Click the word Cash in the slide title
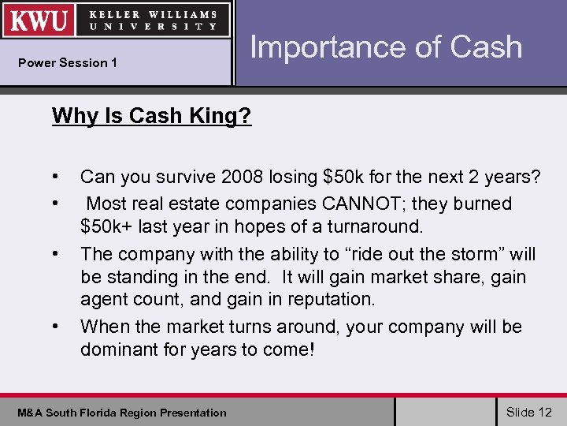(486, 47)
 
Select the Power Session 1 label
(68, 63)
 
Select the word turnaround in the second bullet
(378, 227)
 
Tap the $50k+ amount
(106, 227)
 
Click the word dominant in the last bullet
(118, 349)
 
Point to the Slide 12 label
(529, 412)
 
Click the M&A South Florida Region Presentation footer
(122, 413)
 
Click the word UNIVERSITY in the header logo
(154, 26)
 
